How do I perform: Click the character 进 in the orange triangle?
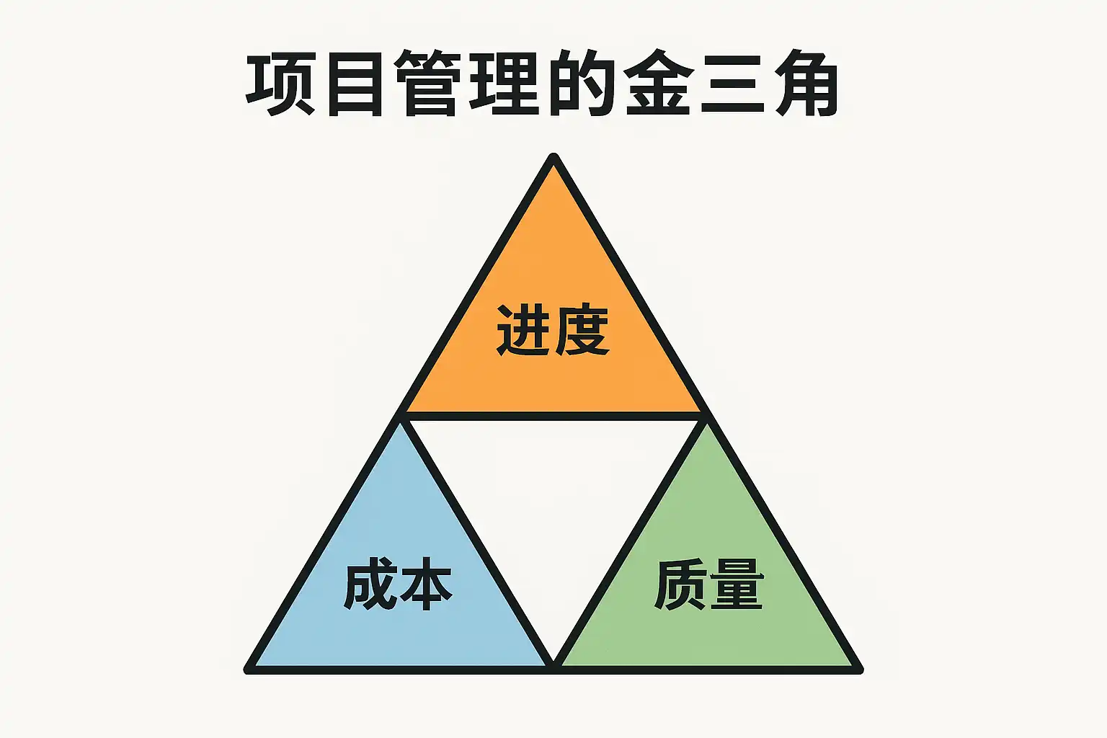pyautogui.click(x=524, y=331)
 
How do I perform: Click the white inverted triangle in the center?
pyautogui.click(x=553, y=504)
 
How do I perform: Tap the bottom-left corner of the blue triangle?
pyautogui.click(x=249, y=669)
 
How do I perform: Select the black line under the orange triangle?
pyautogui.click(x=553, y=417)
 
